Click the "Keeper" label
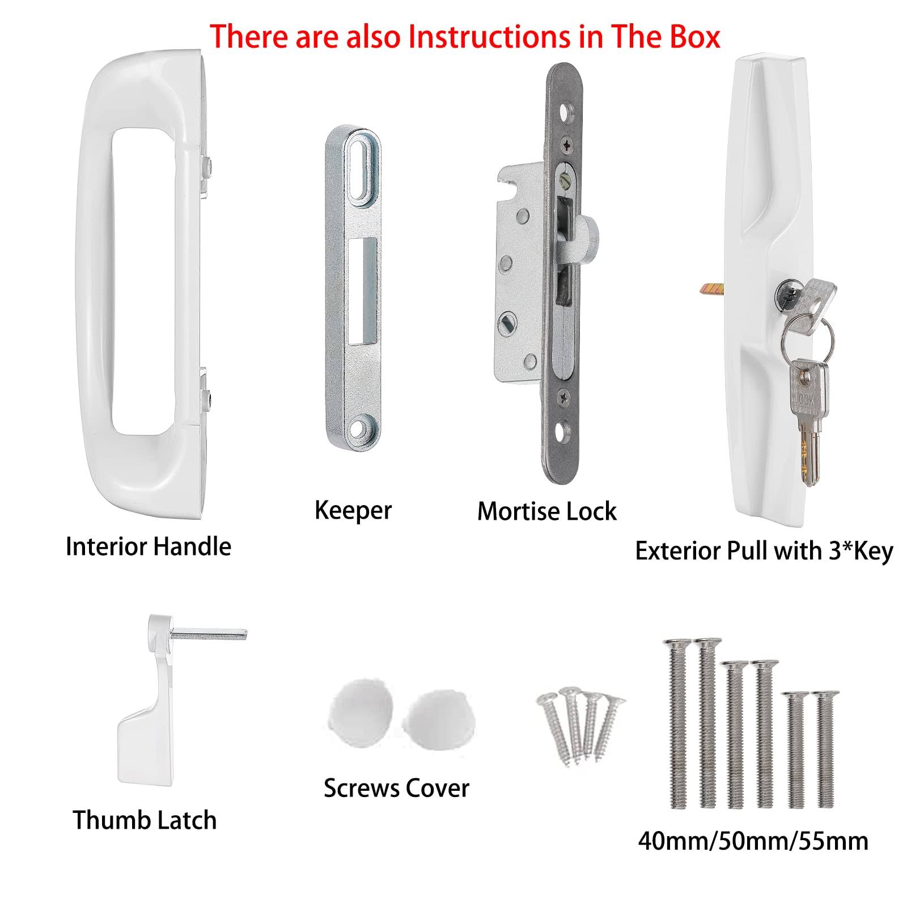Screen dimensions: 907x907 click(353, 510)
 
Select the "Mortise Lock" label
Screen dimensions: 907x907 click(546, 511)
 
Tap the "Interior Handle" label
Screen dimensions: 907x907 click(149, 547)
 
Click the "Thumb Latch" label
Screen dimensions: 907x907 click(145, 820)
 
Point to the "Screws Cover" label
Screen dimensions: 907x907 click(396, 789)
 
